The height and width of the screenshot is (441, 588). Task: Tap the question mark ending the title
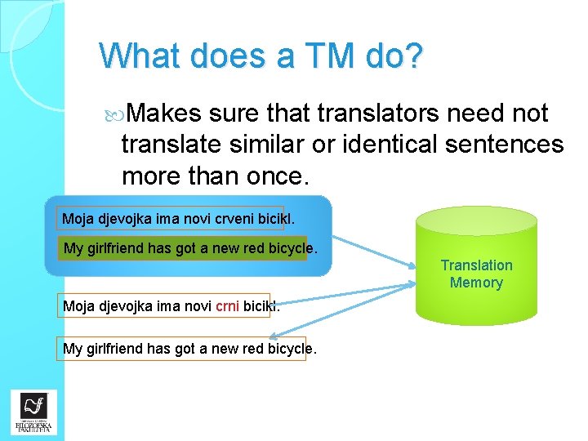413,56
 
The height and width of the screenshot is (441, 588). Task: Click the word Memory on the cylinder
476,283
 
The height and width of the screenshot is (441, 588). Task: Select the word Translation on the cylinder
476,265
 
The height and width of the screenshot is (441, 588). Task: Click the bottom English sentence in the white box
184,349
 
